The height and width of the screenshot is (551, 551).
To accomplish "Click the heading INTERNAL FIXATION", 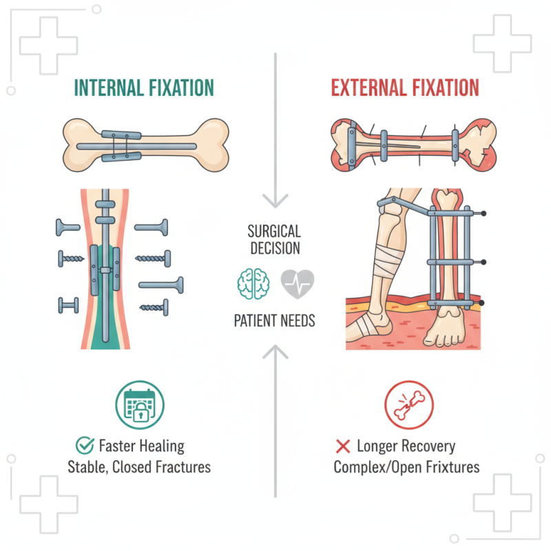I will pyautogui.click(x=144, y=88).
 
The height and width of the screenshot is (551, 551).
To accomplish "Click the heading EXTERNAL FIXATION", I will pyautogui.click(x=405, y=88).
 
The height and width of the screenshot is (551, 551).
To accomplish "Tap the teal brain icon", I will pyautogui.click(x=250, y=282).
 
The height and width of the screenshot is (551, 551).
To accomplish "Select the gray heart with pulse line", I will pyautogui.click(x=298, y=282).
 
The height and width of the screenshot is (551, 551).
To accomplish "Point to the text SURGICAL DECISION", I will pyautogui.click(x=274, y=238).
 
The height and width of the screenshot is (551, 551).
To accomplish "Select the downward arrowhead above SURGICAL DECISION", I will pyautogui.click(x=275, y=201).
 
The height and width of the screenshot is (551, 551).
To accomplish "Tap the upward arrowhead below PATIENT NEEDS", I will pyautogui.click(x=275, y=351).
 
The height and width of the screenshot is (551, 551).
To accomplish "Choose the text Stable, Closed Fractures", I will pyautogui.click(x=138, y=468).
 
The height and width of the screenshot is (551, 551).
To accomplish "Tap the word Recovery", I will pyautogui.click(x=428, y=446).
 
